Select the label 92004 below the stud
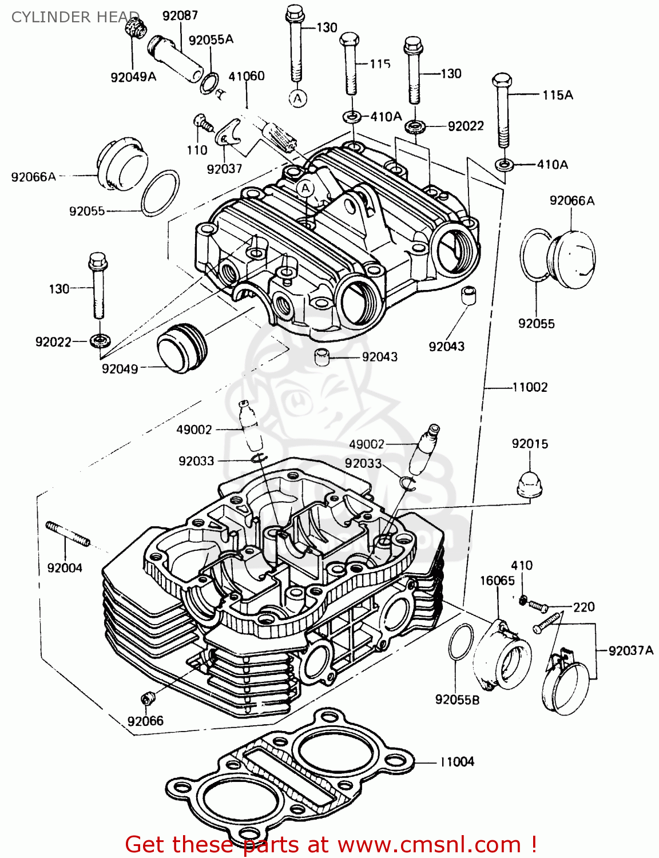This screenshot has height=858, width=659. click(65, 567)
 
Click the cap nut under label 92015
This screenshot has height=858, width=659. click(529, 485)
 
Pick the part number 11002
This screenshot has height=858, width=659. click(530, 387)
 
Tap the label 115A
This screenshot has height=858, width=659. click(557, 95)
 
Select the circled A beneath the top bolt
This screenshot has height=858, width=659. click(297, 98)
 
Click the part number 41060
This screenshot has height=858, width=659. click(247, 76)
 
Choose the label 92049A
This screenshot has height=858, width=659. click(133, 77)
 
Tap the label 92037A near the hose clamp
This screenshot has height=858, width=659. click(630, 650)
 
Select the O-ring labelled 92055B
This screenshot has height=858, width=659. click(461, 641)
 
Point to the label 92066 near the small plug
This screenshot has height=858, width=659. click(145, 721)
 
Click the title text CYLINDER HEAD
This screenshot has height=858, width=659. click(75, 17)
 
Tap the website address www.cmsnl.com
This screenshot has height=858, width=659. click(429, 844)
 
